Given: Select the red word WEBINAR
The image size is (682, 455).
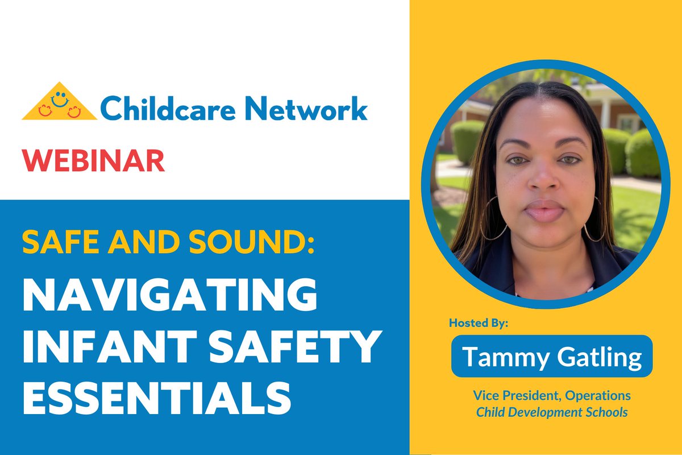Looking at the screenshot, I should click(94, 160).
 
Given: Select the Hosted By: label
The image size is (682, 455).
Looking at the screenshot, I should click(478, 323).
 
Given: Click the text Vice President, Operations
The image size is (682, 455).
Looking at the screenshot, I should click(551, 395).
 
